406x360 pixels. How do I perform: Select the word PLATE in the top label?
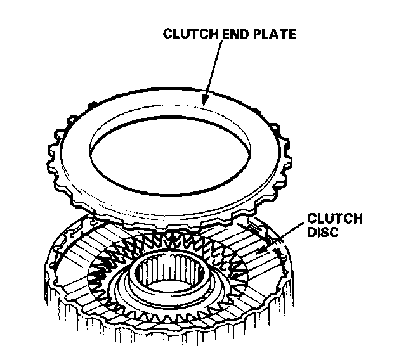[x=274, y=34]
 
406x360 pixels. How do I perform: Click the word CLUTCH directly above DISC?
[x=334, y=219]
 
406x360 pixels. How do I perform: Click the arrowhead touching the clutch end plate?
[x=205, y=98]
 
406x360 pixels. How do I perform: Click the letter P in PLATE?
[x=257, y=34]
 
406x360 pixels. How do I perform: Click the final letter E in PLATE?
[x=292, y=34]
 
